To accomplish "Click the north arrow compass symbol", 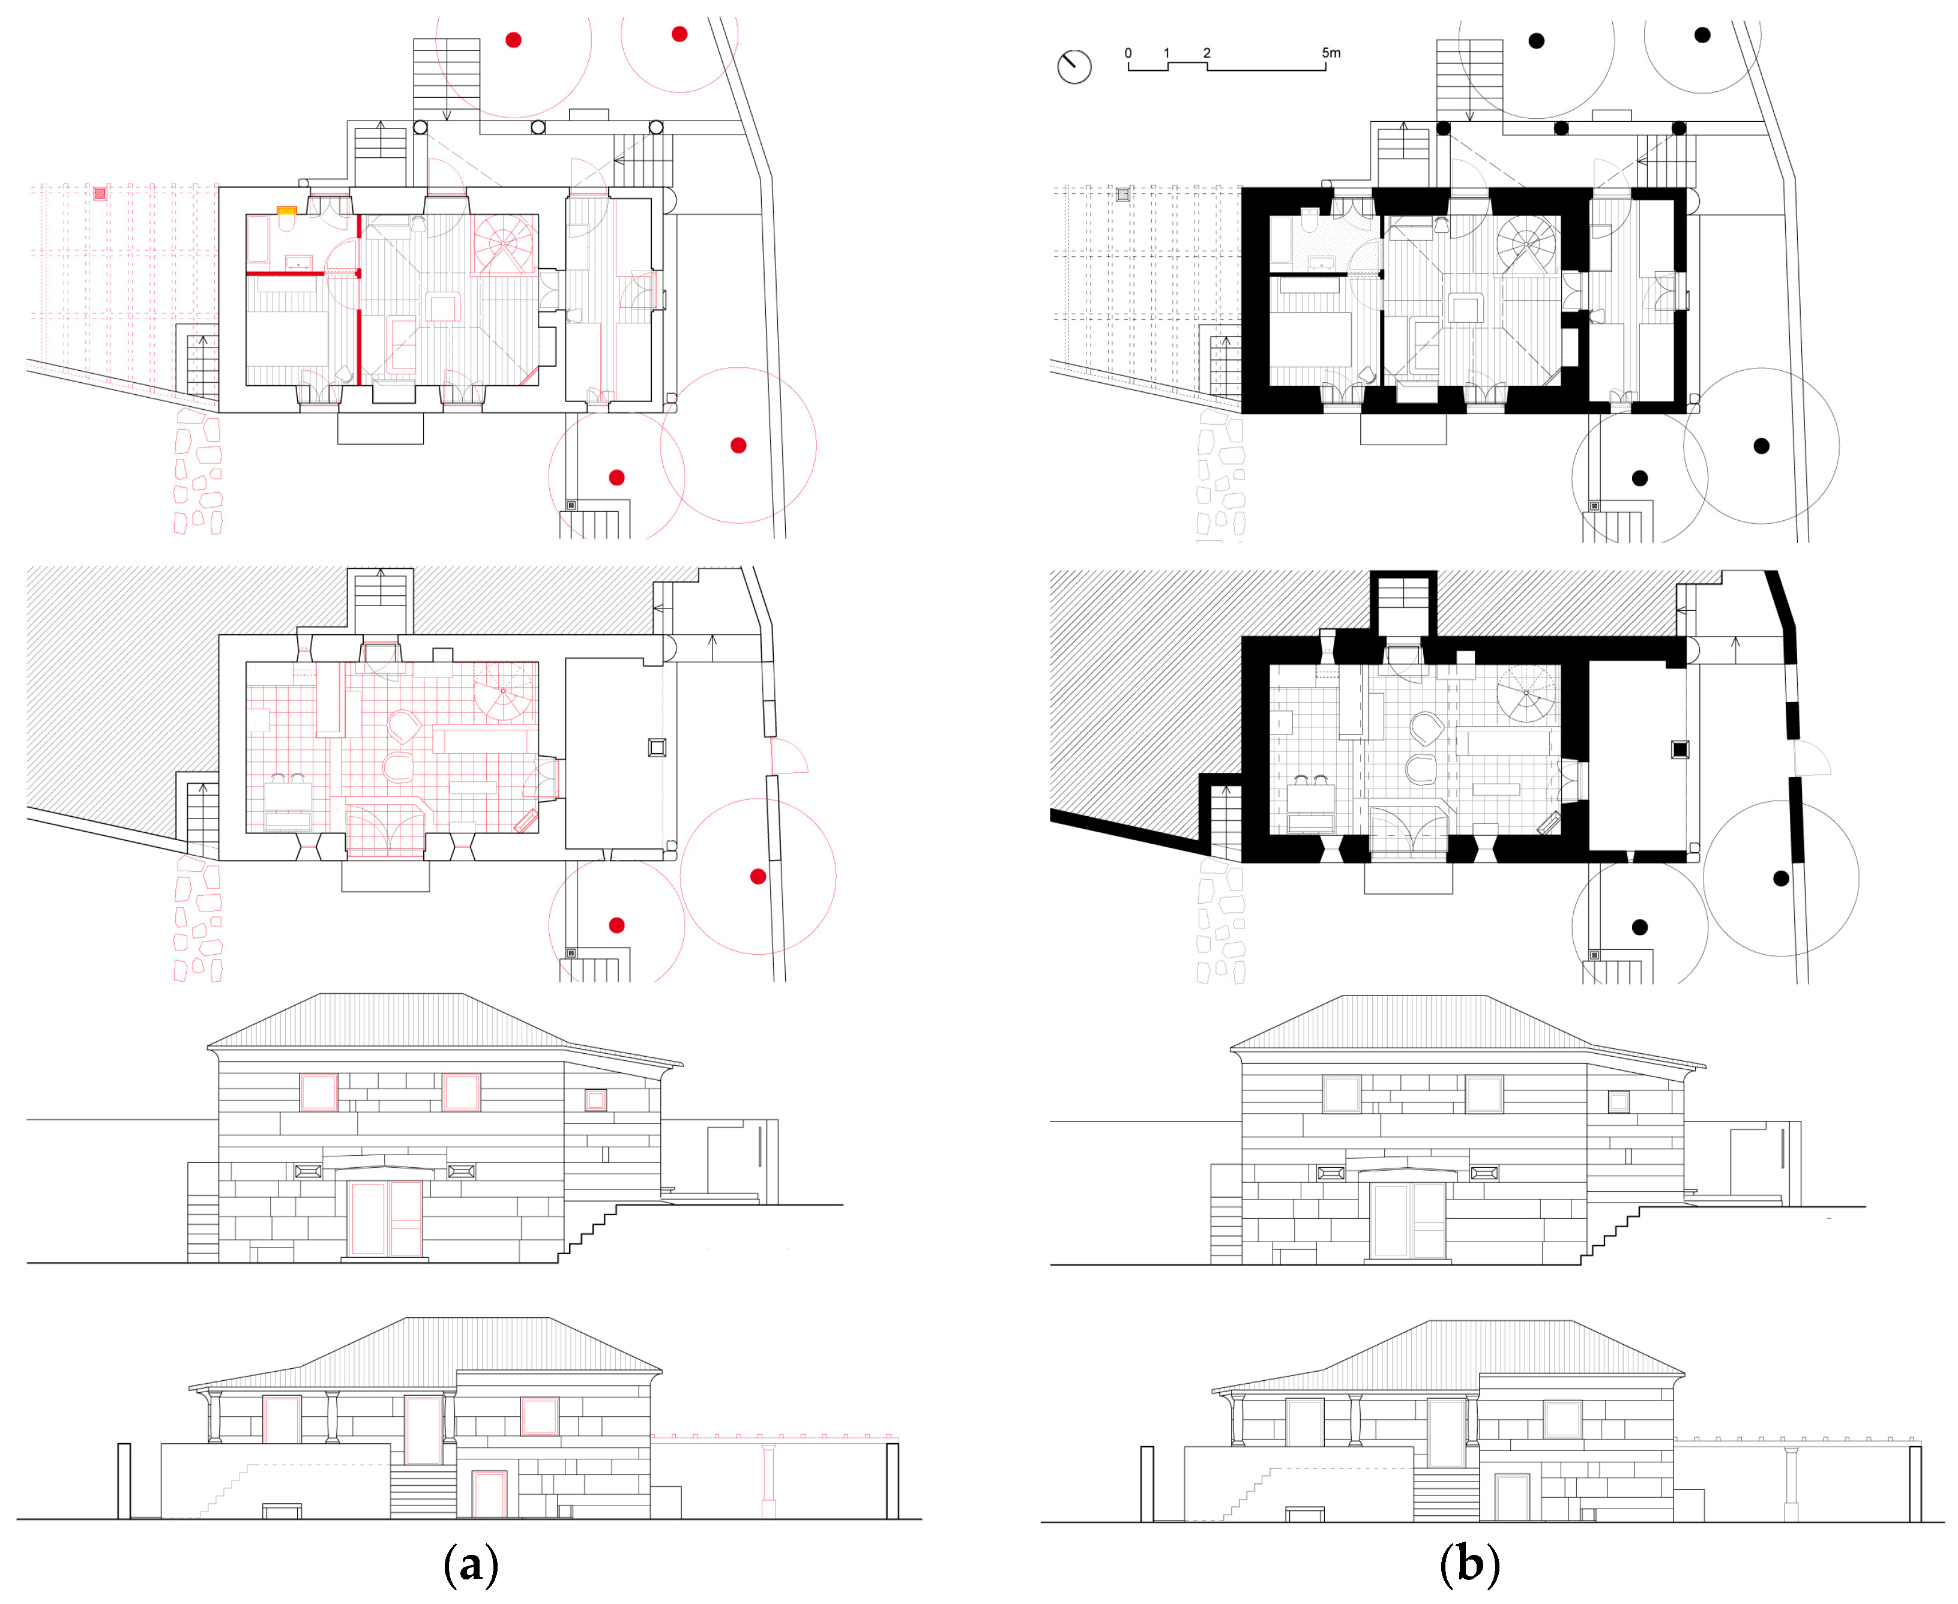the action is tap(1074, 67).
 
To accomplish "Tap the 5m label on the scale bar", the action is tap(1331, 53).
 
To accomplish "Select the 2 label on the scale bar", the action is tap(1206, 53).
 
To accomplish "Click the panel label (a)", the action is tap(471, 1564).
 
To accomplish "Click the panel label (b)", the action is tap(1470, 1564).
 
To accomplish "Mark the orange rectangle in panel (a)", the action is tap(286, 211).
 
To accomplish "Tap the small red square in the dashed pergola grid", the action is tap(100, 194).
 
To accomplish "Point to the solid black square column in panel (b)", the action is tap(1680, 749).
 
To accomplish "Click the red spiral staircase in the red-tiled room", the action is tap(504, 690).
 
